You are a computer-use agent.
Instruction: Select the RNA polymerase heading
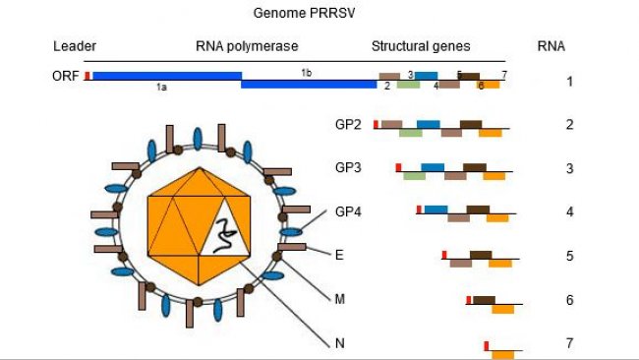(x=247, y=46)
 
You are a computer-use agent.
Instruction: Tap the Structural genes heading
(x=421, y=46)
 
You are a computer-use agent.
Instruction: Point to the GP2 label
(x=348, y=125)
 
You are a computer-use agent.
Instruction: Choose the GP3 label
(x=348, y=167)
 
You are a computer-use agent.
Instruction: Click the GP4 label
(x=348, y=211)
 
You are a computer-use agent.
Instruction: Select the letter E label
(x=339, y=255)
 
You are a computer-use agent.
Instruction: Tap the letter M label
(x=340, y=298)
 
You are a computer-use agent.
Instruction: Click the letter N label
(x=340, y=342)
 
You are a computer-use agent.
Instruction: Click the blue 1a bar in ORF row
(x=166, y=76)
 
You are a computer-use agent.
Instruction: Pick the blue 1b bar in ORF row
(x=309, y=84)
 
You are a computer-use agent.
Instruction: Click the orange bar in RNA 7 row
(x=502, y=353)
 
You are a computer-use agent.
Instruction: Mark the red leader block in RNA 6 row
(x=469, y=300)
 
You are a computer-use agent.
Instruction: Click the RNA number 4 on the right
(x=570, y=211)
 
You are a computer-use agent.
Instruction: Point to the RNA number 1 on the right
(x=570, y=81)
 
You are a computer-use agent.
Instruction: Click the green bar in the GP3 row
(x=414, y=176)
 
